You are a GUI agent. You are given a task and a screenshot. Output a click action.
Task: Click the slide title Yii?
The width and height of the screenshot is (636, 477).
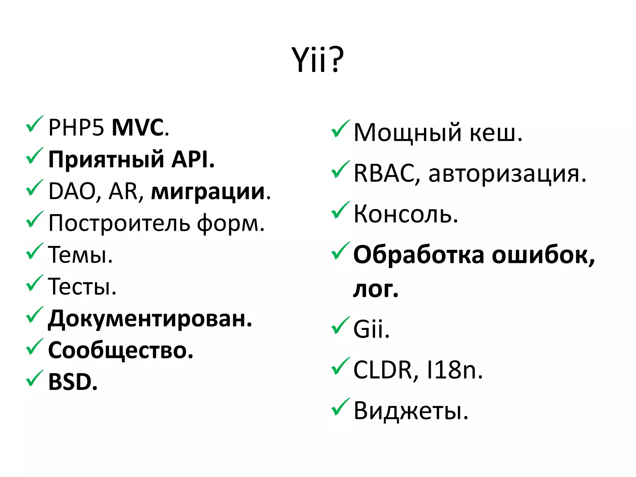[x=318, y=60]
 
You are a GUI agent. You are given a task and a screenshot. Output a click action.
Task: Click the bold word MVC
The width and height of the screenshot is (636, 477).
[x=138, y=128]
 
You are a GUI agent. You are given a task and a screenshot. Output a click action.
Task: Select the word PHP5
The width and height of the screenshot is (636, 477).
[x=76, y=128]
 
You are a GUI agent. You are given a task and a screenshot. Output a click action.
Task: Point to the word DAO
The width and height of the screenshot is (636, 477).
[x=72, y=191]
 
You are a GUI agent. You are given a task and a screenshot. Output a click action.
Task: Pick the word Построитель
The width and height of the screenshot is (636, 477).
[x=119, y=223]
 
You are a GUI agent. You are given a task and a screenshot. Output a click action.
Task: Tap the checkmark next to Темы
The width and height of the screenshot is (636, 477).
[x=34, y=251]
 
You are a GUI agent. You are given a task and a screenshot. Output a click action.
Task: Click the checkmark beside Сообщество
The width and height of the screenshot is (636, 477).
[x=34, y=347]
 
